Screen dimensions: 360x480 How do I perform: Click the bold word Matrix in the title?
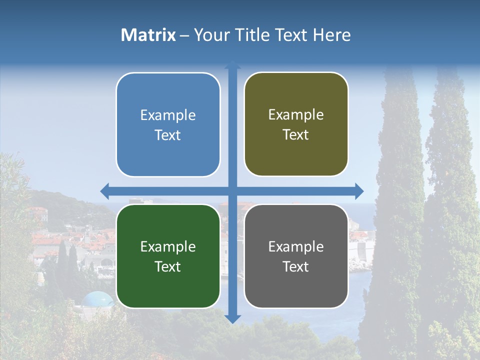(148, 35)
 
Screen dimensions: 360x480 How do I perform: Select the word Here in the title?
(331, 35)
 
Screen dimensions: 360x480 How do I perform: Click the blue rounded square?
(168, 125)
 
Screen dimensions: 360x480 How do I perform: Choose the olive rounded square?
(296, 124)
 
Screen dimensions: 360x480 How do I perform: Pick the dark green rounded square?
(168, 256)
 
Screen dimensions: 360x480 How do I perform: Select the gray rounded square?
(296, 256)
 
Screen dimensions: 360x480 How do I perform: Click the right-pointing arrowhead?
(359, 191)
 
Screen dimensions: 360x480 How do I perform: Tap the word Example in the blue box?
(168, 115)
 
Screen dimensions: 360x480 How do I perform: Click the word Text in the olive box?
(296, 135)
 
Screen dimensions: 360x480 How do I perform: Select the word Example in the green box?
(168, 247)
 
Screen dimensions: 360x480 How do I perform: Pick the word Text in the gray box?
(296, 267)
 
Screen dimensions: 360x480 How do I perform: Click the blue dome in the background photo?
(98, 299)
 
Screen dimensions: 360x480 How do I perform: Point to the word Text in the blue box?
(168, 135)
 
